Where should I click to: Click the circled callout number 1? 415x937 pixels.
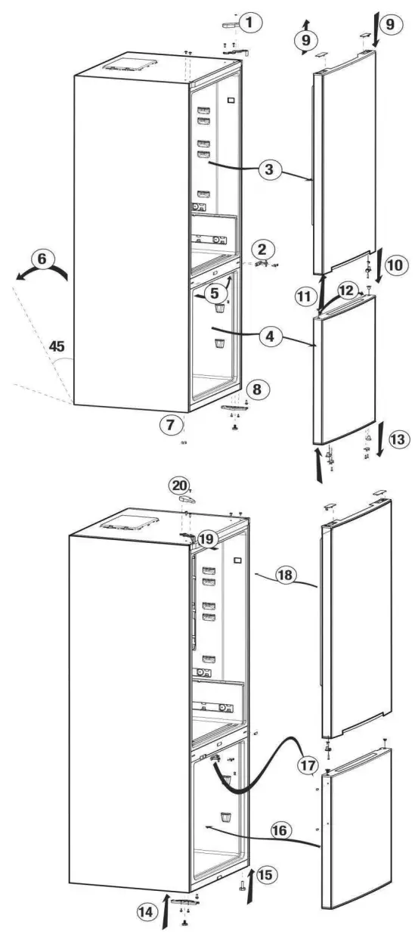(249, 23)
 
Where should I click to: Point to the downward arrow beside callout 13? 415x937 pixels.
(379, 449)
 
